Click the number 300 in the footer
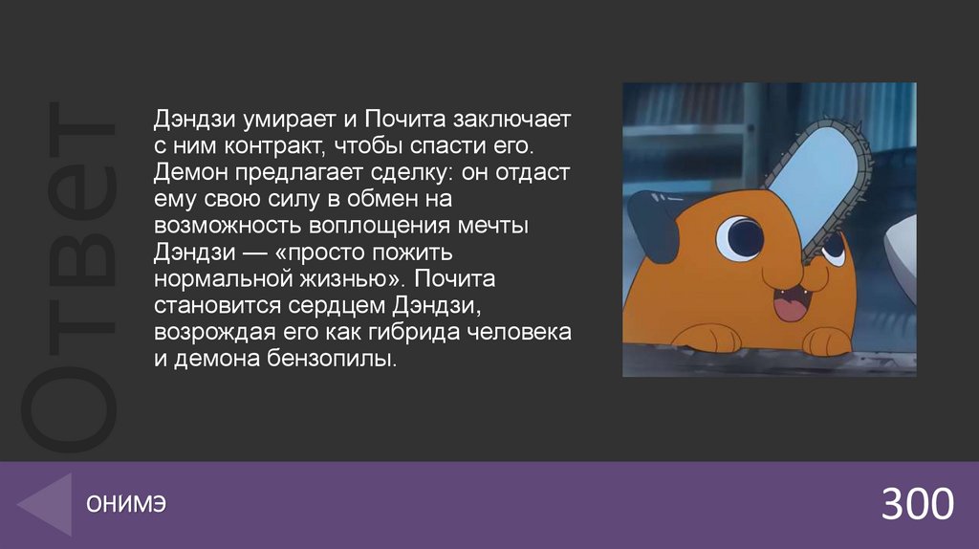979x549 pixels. click(917, 504)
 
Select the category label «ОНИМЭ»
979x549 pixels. click(125, 505)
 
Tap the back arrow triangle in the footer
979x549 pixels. click(49, 505)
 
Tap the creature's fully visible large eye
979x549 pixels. click(739, 236)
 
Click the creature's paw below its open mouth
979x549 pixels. click(829, 340)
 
